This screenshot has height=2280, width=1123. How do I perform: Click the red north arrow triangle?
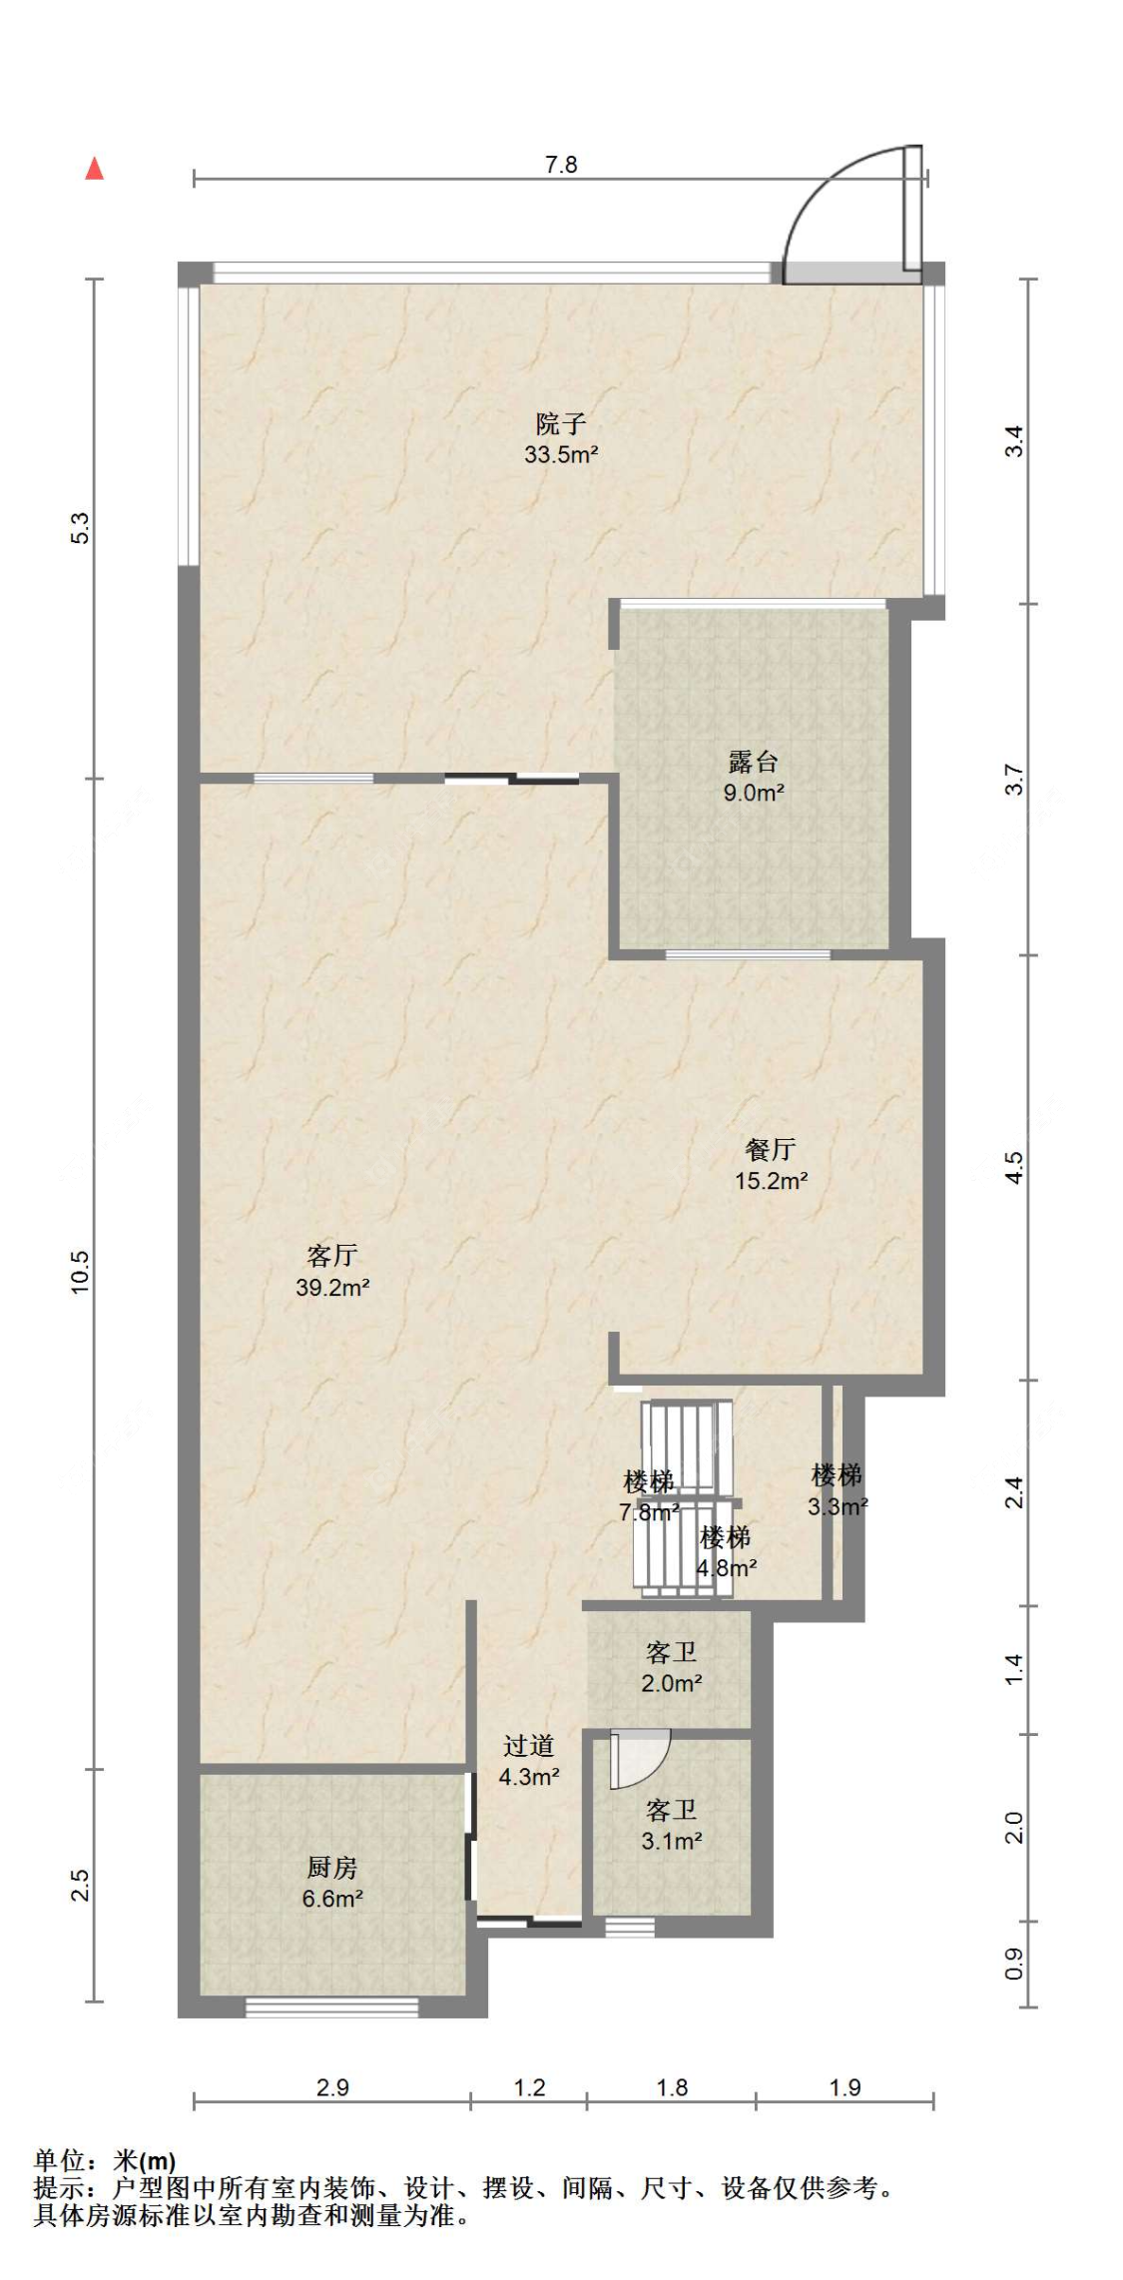(95, 168)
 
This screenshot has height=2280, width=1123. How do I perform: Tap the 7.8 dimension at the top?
(561, 165)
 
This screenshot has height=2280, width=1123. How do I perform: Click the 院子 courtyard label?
(561, 423)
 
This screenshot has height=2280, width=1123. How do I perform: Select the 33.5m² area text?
(561, 454)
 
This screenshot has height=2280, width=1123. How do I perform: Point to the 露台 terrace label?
(754, 762)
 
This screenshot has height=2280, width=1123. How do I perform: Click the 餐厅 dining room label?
(771, 1149)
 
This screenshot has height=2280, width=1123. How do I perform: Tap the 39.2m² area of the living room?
(332, 1287)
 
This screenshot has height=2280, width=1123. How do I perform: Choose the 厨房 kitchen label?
(331, 1867)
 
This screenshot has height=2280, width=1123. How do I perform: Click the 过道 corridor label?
(528, 1745)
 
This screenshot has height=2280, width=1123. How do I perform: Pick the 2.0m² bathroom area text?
(671, 1683)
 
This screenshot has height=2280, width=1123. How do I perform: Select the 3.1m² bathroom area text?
(671, 1841)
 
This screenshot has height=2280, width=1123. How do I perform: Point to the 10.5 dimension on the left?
(80, 1273)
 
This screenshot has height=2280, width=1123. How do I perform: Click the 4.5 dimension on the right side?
(1014, 1167)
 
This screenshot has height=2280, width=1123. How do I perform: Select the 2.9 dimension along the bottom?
(332, 2087)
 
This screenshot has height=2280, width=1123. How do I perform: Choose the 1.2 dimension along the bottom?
(529, 2087)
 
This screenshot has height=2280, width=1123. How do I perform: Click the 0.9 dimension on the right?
(1014, 1966)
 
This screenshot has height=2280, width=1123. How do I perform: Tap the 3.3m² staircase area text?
(838, 1506)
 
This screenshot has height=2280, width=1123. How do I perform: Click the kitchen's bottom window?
(332, 2006)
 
